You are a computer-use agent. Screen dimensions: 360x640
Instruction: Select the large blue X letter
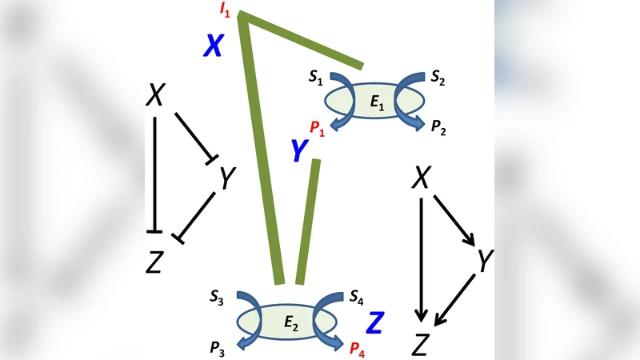212,46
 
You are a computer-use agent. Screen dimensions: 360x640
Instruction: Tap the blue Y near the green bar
298,149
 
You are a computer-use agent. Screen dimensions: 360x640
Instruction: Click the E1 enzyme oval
374,102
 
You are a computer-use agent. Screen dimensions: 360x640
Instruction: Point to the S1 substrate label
315,78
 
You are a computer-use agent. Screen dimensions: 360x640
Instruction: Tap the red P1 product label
317,126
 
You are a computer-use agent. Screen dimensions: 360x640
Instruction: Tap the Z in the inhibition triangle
154,260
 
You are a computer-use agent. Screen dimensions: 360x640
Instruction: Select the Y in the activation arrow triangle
483,260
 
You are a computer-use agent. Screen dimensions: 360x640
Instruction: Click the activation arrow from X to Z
421,256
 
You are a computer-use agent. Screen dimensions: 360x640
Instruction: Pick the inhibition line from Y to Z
197,216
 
